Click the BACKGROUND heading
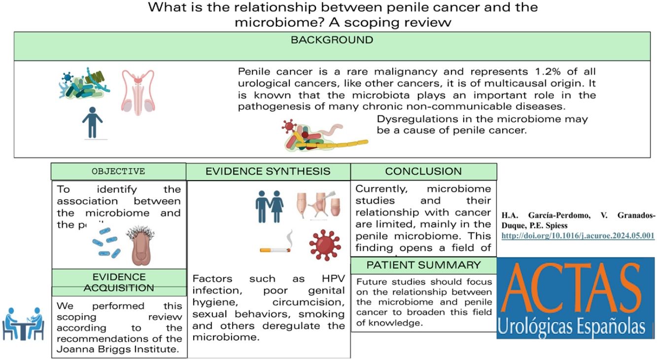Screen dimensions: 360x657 (x=332, y=40)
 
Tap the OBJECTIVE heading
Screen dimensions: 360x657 (x=118, y=172)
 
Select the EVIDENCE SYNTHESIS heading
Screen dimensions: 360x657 (x=268, y=171)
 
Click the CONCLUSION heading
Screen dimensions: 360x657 (x=423, y=171)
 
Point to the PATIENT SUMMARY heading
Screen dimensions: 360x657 (x=423, y=265)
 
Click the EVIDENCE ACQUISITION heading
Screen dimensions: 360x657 (x=119, y=282)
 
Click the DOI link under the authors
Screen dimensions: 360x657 (x=578, y=236)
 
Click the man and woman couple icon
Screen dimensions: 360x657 (x=270, y=207)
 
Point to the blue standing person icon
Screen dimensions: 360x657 (x=92, y=121)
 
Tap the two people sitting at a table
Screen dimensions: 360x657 (x=23, y=324)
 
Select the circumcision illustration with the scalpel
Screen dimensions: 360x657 (x=318, y=205)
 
